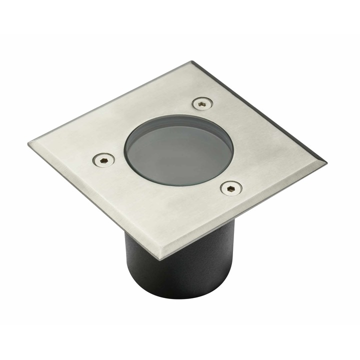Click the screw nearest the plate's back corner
202,103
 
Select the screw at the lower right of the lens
231,188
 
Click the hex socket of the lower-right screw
231,188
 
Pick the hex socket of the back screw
202,103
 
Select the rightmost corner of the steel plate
326,162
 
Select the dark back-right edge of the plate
260,112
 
